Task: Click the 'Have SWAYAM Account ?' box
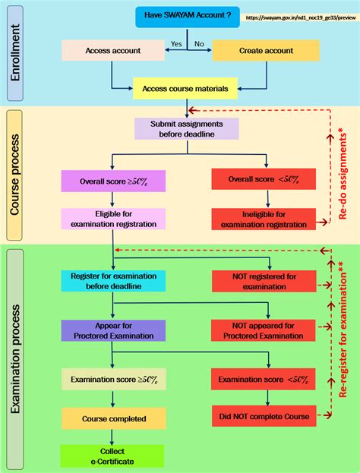coord(187,17)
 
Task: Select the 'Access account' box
coord(112,51)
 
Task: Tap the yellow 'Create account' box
coord(261,51)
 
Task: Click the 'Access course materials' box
coord(186,89)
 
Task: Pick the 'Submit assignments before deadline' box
coord(186,129)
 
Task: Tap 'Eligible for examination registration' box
coord(112,219)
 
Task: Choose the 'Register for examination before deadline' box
coord(112,281)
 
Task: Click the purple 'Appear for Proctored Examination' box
coord(112,330)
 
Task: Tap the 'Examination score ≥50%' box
coord(112,379)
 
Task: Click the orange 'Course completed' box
coord(112,418)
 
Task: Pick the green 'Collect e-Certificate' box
coord(112,456)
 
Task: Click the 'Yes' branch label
coord(176,43)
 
